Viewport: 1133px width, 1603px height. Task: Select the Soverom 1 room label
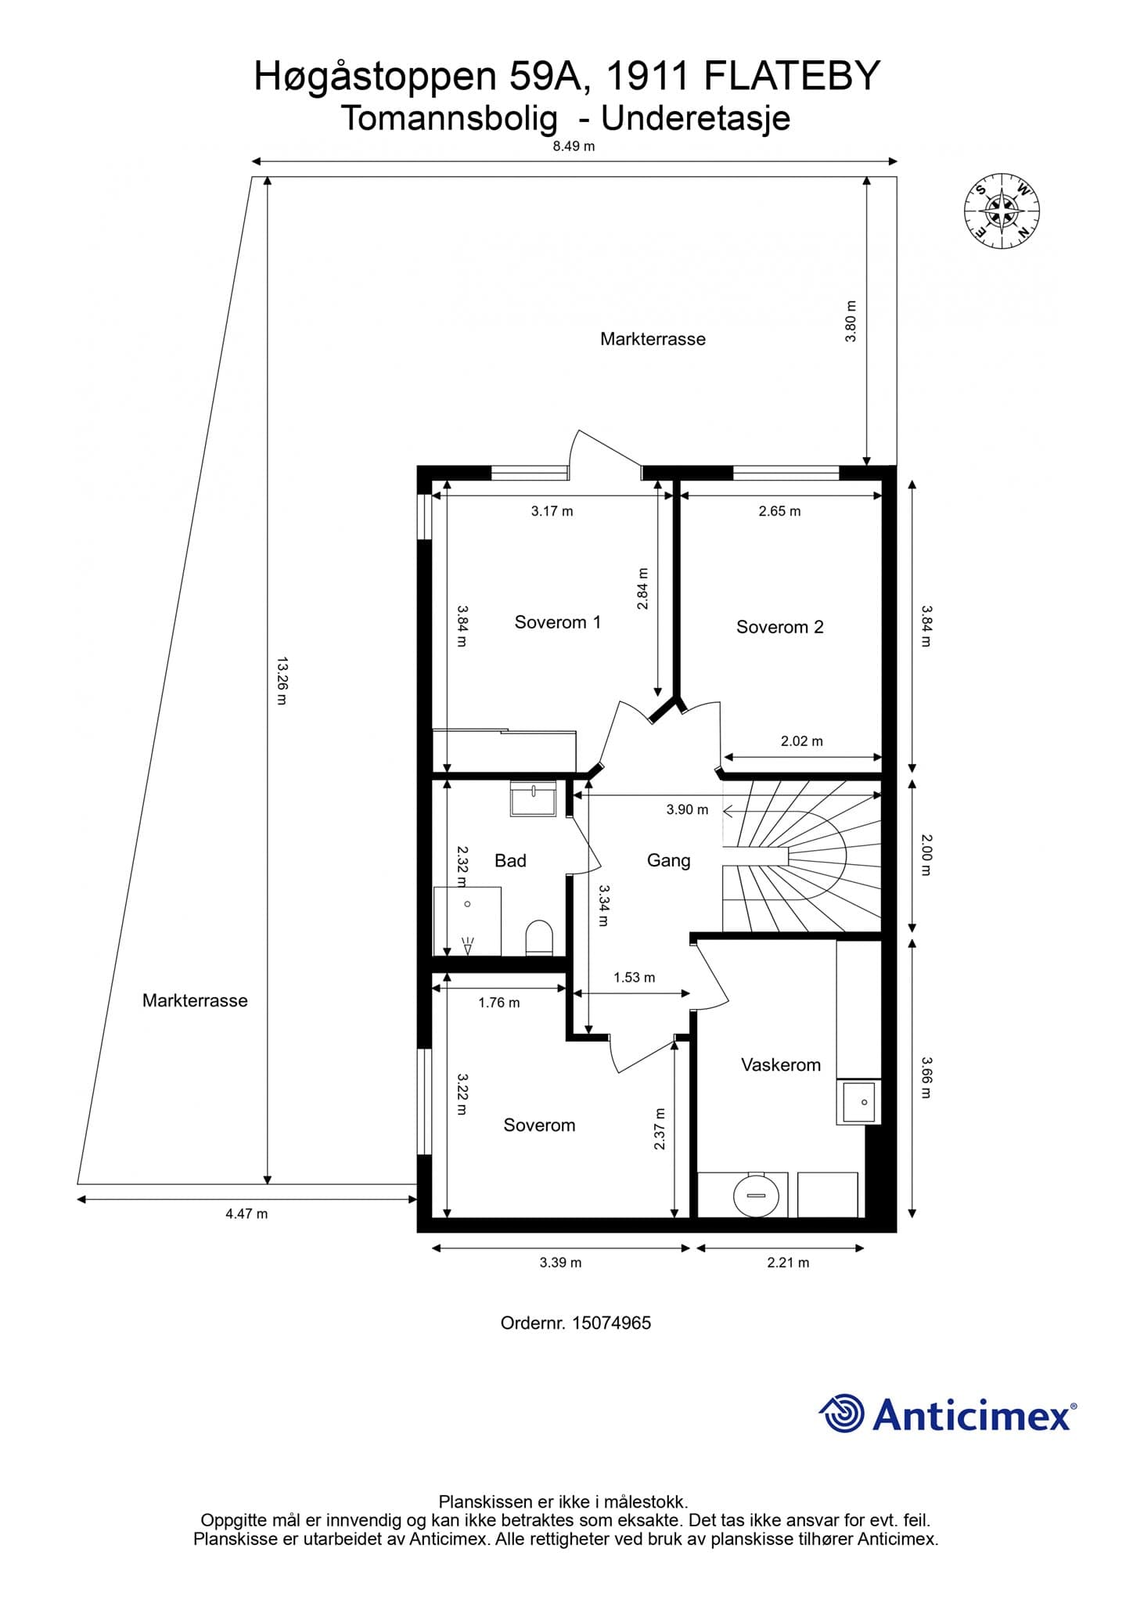[557, 622]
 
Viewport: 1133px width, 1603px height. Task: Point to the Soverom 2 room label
[779, 627]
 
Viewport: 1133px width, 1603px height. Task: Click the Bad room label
[510, 861]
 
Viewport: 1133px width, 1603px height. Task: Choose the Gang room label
[668, 861]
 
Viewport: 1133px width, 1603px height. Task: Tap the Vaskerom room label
[780, 1064]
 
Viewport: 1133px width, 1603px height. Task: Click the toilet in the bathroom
[539, 938]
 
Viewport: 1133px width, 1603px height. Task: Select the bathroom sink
[534, 798]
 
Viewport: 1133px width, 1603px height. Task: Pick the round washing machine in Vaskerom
[755, 1195]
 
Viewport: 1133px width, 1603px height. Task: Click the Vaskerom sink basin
[859, 1102]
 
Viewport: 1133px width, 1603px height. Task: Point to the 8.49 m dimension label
[574, 146]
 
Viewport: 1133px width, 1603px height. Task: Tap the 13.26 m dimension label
[282, 681]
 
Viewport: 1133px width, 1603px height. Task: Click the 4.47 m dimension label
[246, 1214]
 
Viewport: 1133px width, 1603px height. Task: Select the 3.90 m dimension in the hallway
[687, 810]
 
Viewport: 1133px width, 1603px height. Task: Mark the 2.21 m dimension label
[788, 1263]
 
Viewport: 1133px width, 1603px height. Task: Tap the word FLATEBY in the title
[793, 77]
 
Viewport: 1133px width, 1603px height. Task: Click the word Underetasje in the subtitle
[696, 118]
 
